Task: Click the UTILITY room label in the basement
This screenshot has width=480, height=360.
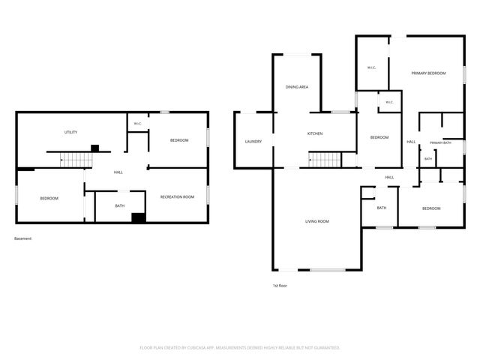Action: [x=70, y=132]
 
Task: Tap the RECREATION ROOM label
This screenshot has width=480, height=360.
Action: [x=177, y=196]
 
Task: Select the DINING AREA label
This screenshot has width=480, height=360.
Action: [x=297, y=87]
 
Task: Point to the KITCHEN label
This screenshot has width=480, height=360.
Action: [x=315, y=133]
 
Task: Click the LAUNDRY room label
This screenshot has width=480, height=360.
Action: [x=253, y=142]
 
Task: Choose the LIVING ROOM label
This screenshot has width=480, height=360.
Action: [x=316, y=221]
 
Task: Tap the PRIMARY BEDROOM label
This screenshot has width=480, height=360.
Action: [x=428, y=73]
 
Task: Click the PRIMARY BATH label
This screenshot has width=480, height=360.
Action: [x=440, y=143]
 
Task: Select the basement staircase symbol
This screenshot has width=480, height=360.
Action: [x=76, y=160]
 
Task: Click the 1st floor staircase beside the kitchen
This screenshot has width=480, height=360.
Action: [x=325, y=160]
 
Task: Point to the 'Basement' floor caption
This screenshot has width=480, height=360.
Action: [x=22, y=238]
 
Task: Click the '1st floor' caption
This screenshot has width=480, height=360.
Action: [x=280, y=286]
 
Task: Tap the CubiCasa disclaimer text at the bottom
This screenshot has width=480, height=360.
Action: [x=240, y=348]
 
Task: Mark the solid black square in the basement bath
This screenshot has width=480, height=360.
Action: [x=138, y=217]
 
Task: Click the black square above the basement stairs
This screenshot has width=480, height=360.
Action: [x=95, y=148]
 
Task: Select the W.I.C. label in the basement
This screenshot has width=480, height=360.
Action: [x=138, y=124]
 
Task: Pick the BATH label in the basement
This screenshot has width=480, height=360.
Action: [x=120, y=205]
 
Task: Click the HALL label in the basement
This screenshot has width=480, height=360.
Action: [x=118, y=172]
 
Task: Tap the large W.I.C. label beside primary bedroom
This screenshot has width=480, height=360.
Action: [x=372, y=67]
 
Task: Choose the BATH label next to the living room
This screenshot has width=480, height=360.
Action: [x=382, y=208]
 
